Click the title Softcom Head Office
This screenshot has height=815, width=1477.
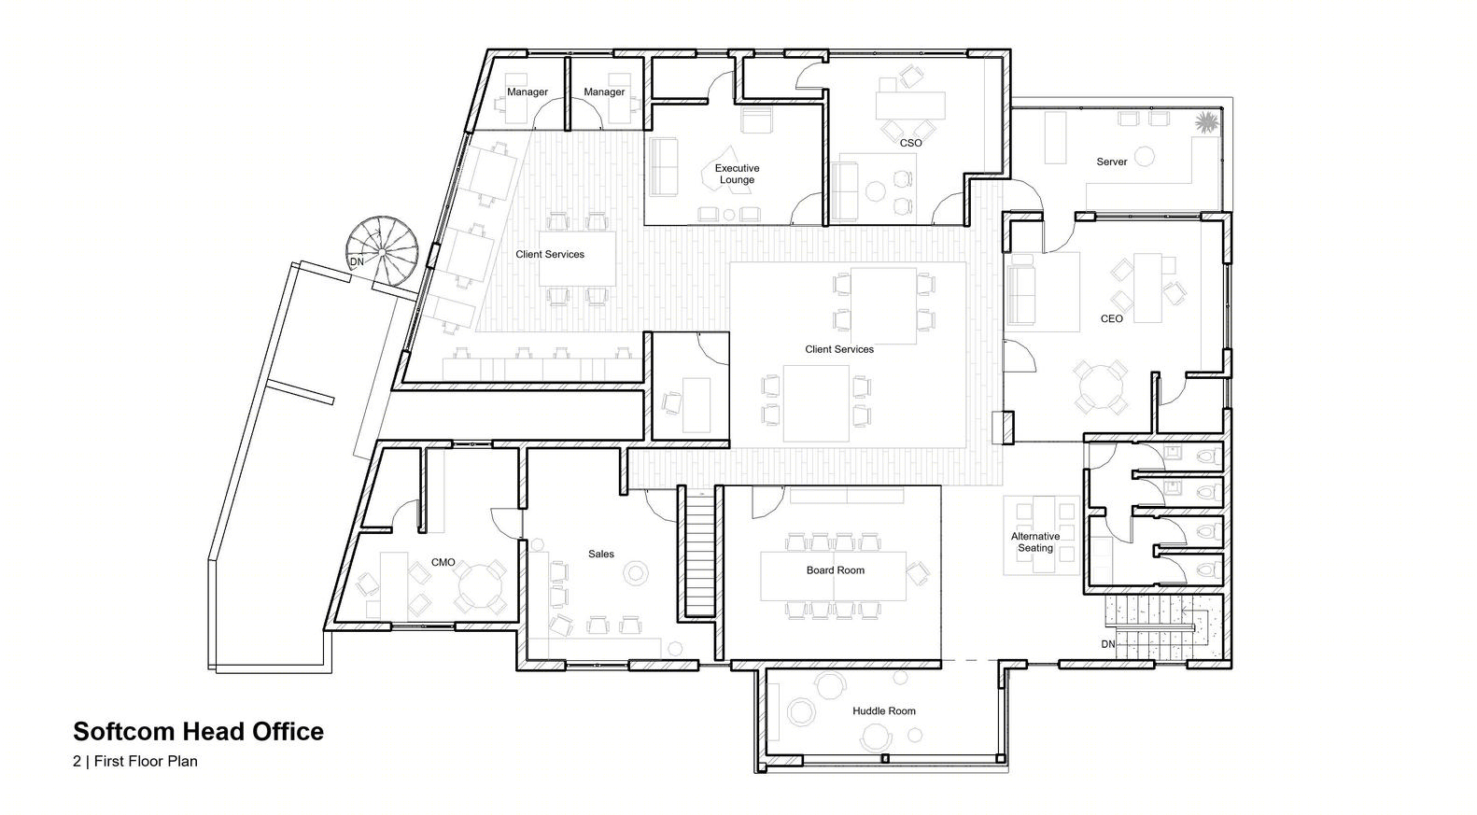pyautogui.click(x=198, y=731)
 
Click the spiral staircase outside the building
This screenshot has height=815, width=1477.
pyautogui.click(x=383, y=251)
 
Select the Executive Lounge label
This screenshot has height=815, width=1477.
pyautogui.click(x=738, y=174)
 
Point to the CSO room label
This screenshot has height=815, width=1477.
pyautogui.click(x=910, y=143)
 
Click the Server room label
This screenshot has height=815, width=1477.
pyautogui.click(x=1112, y=162)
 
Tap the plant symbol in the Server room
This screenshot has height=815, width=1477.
pyautogui.click(x=1206, y=122)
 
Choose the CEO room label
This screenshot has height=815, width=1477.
pyautogui.click(x=1112, y=318)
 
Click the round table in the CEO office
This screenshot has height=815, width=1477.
pyautogui.click(x=1099, y=386)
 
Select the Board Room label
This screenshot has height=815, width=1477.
pyautogui.click(x=836, y=570)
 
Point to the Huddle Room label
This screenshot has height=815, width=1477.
pyautogui.click(x=883, y=710)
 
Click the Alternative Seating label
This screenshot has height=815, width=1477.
pyautogui.click(x=1035, y=542)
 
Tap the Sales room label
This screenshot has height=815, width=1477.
pyautogui.click(x=600, y=554)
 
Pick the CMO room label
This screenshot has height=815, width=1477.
pyautogui.click(x=443, y=562)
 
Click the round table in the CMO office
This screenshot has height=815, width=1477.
pyautogui.click(x=481, y=586)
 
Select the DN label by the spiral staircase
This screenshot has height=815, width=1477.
pyautogui.click(x=357, y=261)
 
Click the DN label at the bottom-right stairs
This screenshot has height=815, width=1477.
pyautogui.click(x=1107, y=644)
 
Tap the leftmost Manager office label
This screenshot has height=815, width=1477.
pyautogui.click(x=527, y=91)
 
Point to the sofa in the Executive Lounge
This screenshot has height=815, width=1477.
pyautogui.click(x=664, y=167)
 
